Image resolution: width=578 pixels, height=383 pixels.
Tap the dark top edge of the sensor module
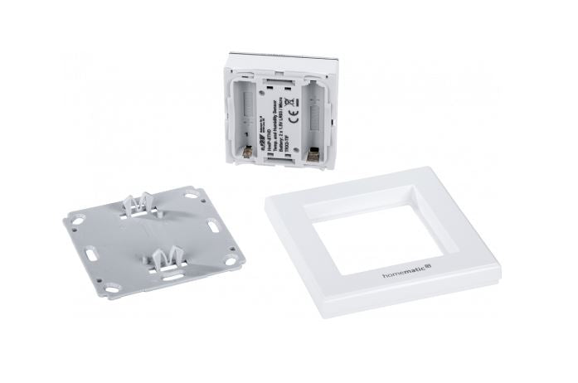[282, 54]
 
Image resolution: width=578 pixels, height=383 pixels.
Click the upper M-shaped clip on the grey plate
[138, 202]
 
